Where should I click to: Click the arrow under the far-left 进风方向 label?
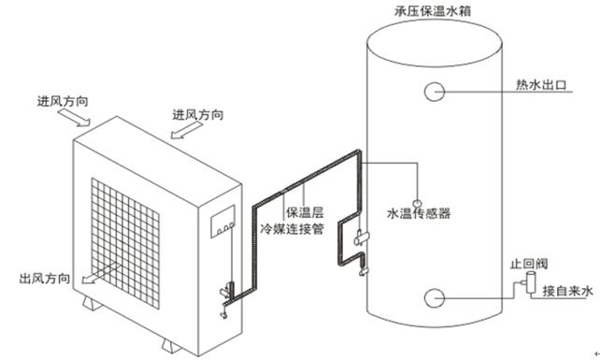[x=72, y=117]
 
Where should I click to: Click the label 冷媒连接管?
[x=291, y=227]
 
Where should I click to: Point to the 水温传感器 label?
[x=418, y=213]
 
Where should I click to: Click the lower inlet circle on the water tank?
[x=436, y=298]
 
